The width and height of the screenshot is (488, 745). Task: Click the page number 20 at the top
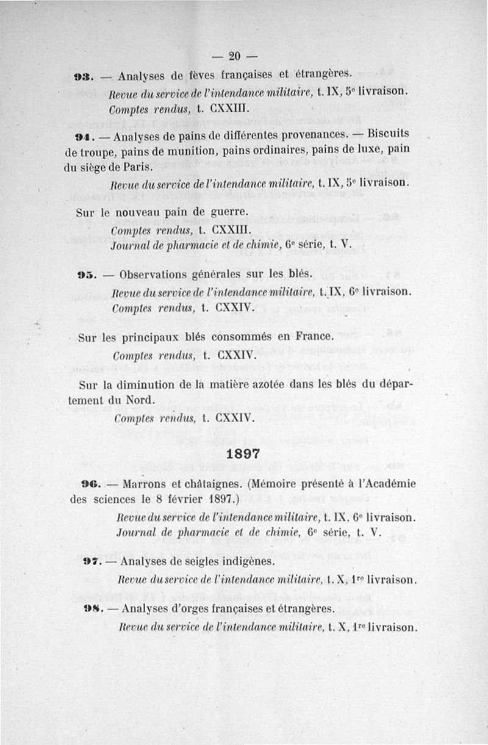coord(235,57)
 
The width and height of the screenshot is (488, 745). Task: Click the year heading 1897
coord(243,454)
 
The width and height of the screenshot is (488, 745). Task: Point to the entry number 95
coord(84,275)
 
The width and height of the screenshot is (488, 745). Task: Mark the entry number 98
coord(93,609)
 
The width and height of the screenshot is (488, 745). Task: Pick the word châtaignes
coord(204,484)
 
